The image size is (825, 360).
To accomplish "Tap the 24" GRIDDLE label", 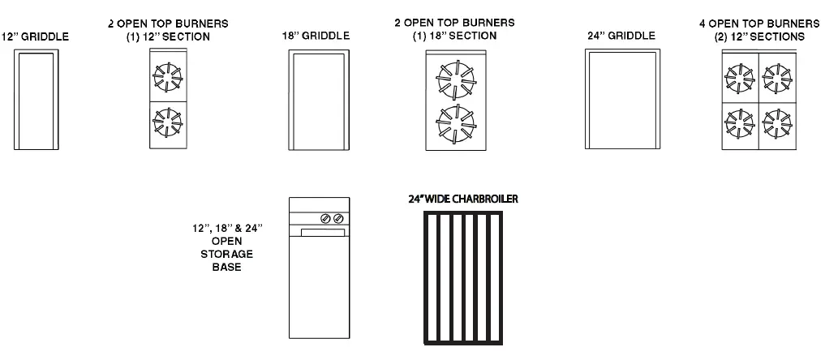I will click(621, 36).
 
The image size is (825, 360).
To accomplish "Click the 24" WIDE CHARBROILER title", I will click(463, 198).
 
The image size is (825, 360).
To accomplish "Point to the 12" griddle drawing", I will click(36, 101).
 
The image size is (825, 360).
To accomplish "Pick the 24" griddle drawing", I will click(621, 101).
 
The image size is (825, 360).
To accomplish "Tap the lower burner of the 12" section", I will click(169, 123).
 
